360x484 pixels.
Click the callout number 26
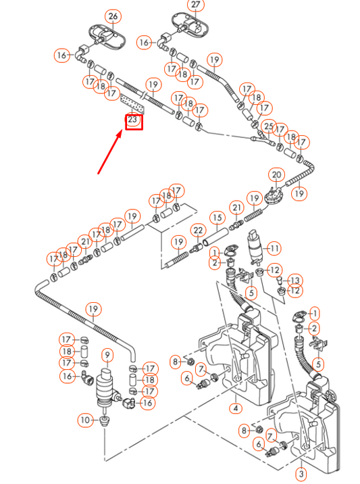tap(113, 16)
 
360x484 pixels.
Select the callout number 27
tap(196, 6)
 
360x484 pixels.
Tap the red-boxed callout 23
tap(133, 121)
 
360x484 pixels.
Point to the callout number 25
tap(269, 126)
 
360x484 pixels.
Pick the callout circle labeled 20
tap(276, 174)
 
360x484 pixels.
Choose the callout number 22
tap(198, 231)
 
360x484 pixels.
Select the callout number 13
tap(295, 280)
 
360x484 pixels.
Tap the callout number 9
tap(107, 354)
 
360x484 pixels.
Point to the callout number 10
tap(85, 420)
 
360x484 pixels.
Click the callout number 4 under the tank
tap(235, 408)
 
